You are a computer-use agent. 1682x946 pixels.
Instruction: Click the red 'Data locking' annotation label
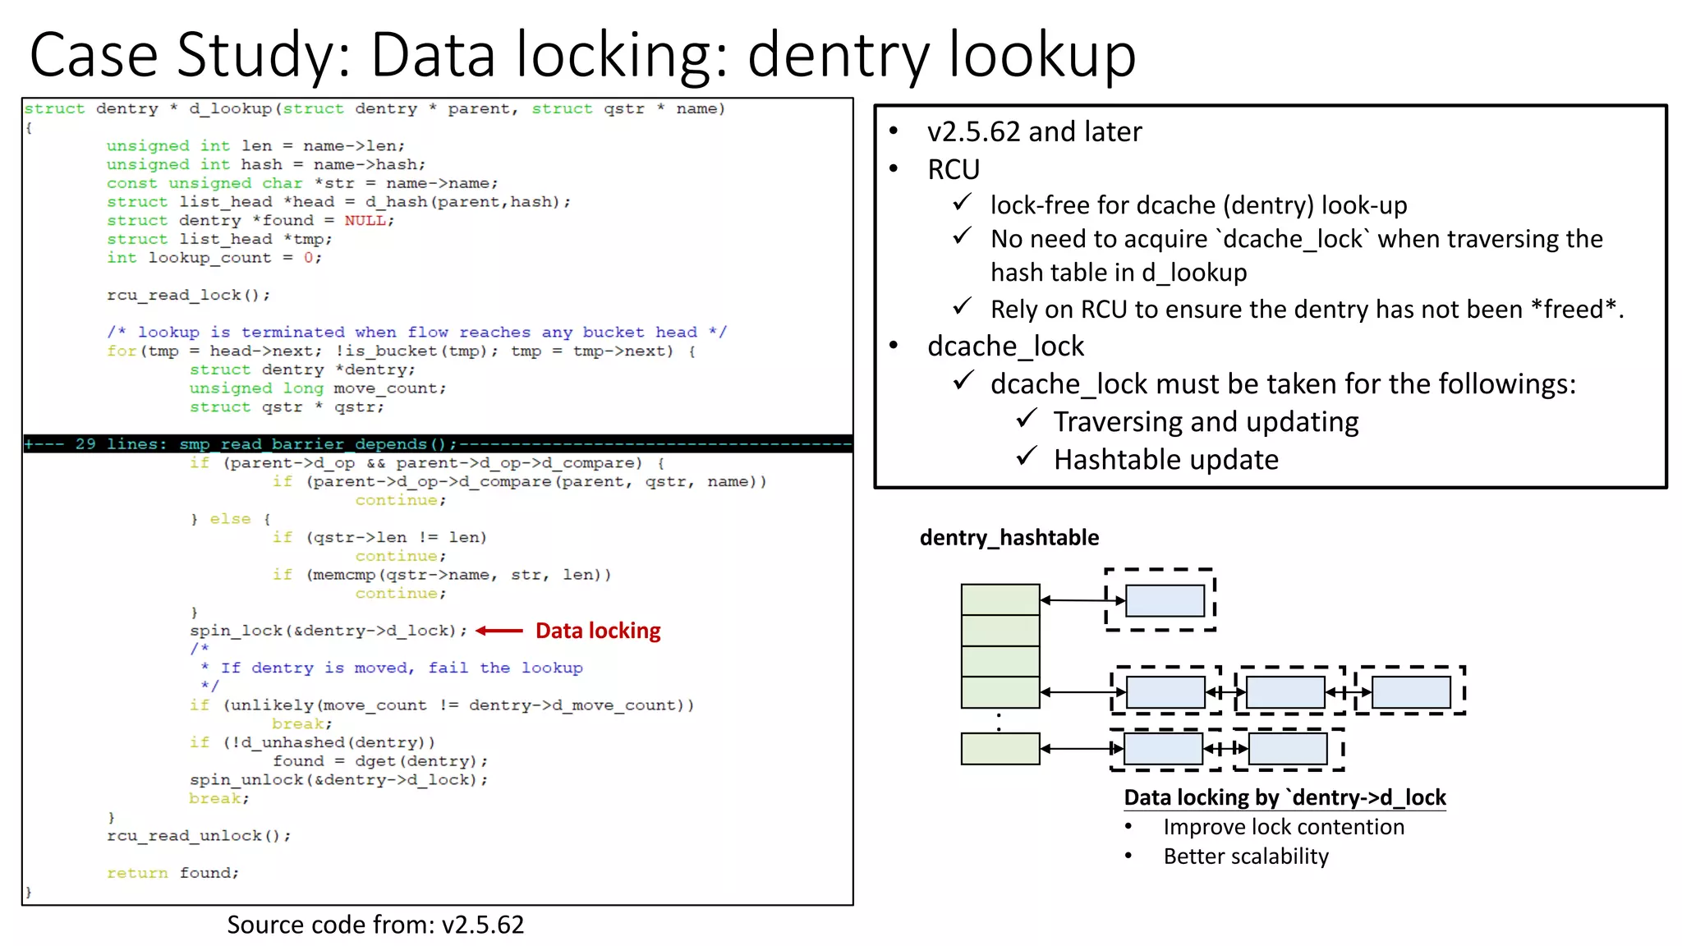tap(598, 631)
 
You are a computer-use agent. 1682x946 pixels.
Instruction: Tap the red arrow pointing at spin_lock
tap(499, 631)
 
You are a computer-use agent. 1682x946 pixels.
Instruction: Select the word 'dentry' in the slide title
tap(839, 55)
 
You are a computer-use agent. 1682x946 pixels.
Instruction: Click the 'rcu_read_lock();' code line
tap(188, 295)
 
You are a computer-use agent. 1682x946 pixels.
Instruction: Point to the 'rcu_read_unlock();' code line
tap(199, 835)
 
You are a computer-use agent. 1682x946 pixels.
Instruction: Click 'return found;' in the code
tap(172, 873)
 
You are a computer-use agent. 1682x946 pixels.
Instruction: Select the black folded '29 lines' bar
tap(438, 444)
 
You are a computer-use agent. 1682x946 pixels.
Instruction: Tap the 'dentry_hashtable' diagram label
tap(1009, 538)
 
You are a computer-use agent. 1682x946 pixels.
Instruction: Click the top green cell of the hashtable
tap(1000, 599)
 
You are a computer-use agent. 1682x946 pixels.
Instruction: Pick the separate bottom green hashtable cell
tap(1000, 749)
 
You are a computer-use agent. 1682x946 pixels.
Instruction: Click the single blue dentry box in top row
tap(1165, 600)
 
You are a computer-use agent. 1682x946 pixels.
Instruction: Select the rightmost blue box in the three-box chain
tap(1410, 692)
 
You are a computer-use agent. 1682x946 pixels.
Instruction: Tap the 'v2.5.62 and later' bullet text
tap(1034, 131)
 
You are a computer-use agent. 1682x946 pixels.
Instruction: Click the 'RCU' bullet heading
tap(954, 169)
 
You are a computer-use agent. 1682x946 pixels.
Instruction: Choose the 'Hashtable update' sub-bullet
tap(1165, 460)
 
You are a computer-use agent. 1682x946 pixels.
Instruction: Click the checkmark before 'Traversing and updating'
tap(1027, 419)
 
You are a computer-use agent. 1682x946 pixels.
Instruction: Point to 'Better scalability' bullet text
tap(1245, 856)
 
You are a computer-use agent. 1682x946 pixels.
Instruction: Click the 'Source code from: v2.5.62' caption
tap(375, 925)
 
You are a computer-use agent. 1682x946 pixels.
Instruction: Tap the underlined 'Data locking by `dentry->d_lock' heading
tap(1284, 797)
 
